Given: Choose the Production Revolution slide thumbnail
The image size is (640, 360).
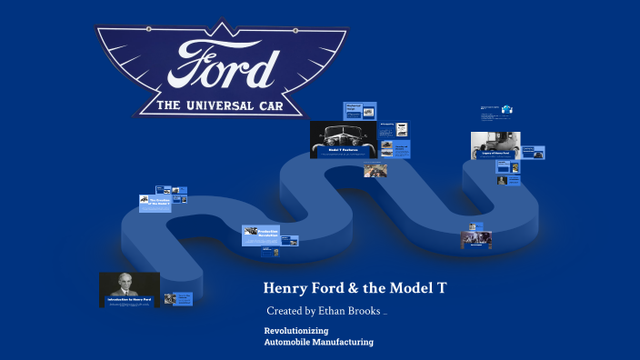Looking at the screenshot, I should click(x=260, y=235).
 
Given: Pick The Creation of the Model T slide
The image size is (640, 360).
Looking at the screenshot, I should click(x=155, y=203).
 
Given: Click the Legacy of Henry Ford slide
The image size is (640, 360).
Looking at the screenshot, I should click(x=495, y=145).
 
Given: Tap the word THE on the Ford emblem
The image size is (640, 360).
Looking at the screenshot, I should click(x=169, y=106).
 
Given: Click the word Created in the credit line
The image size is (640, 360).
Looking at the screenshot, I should click(x=285, y=311).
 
